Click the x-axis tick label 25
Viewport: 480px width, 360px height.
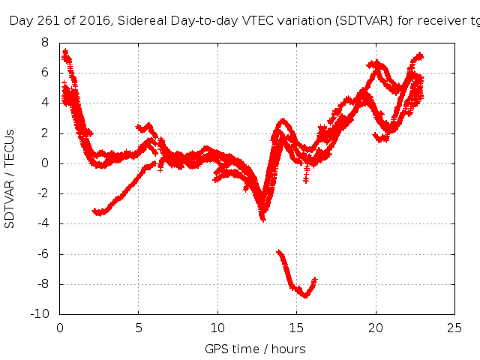(454, 327)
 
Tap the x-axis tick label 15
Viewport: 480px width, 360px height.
(297, 327)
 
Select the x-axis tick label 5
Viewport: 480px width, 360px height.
(139, 327)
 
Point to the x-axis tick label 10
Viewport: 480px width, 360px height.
(218, 327)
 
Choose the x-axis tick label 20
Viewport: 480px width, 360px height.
(376, 327)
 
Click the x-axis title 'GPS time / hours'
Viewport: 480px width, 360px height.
(255, 349)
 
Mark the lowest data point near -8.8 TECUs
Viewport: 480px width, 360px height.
(305, 295)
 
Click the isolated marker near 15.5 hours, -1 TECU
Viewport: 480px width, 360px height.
(306, 179)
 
